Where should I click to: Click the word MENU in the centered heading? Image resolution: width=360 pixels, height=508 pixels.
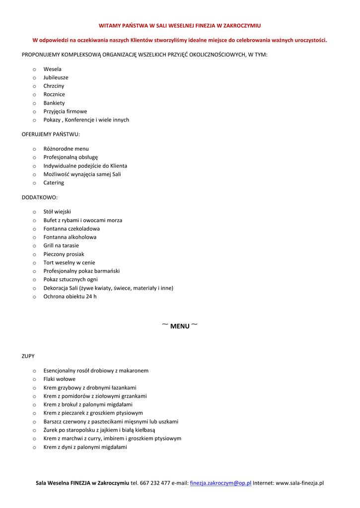180,326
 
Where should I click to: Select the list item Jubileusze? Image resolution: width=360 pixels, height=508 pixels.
56,77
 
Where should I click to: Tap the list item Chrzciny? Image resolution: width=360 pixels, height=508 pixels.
54,86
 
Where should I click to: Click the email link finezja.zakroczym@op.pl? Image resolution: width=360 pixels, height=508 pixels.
220,483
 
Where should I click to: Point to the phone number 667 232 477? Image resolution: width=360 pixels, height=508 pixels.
155,483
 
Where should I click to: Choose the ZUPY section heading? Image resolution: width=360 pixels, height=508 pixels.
28,356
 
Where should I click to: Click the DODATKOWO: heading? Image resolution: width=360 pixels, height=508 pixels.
40,197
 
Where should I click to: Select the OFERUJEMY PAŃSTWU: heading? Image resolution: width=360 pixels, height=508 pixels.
51,134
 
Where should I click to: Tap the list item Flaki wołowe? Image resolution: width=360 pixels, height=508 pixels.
60,379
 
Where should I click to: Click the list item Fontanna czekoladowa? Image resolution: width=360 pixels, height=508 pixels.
72,229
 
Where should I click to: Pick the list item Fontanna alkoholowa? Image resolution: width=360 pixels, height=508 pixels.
70,237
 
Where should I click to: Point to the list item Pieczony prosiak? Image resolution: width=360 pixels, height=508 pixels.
64,254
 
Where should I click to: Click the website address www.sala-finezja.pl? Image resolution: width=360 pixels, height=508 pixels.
299,483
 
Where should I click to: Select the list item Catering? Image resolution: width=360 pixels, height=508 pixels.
54,183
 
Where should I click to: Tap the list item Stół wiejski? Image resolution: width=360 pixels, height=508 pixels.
57,212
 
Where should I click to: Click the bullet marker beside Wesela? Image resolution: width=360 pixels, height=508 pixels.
34,69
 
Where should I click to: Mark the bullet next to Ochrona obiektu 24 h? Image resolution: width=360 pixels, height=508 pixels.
34,297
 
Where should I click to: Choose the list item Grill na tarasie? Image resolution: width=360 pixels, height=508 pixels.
61,246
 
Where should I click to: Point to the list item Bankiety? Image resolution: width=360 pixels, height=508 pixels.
54,103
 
